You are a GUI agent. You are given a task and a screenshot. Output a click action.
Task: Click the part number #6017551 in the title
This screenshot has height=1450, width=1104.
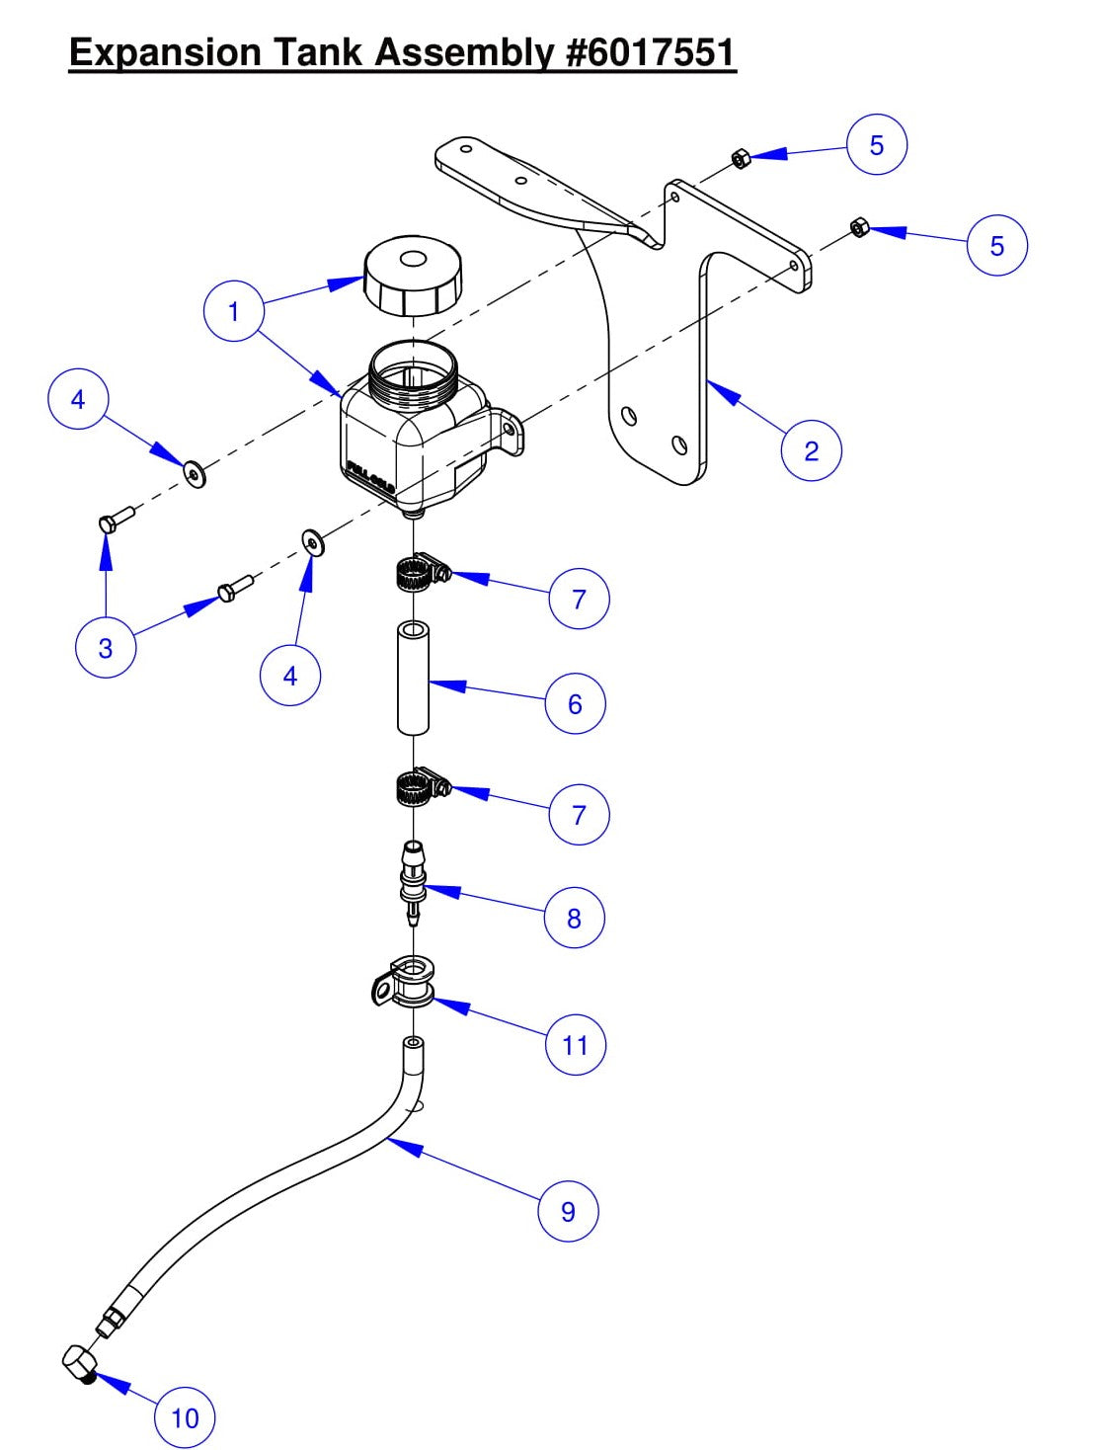point(651,52)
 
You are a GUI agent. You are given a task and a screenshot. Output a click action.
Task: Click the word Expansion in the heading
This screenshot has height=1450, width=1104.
point(165,52)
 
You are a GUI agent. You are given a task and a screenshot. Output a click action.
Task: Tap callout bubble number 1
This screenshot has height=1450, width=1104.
point(234,312)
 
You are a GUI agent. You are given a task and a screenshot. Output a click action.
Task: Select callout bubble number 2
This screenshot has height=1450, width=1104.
point(811,451)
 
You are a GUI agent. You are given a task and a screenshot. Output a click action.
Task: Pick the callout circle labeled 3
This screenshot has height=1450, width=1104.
point(106,649)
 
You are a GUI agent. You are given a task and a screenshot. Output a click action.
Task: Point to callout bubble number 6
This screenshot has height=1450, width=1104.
point(575,704)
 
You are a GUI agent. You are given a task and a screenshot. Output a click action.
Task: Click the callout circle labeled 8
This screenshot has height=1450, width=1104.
point(574,919)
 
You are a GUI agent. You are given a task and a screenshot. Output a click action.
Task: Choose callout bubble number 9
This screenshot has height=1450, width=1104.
point(568,1212)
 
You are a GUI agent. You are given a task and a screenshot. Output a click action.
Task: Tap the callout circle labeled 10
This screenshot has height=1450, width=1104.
point(185,1419)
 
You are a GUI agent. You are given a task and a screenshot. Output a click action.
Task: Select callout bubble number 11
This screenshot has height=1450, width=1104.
point(575,1046)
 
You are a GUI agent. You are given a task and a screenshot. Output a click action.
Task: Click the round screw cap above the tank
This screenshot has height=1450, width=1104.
point(413,277)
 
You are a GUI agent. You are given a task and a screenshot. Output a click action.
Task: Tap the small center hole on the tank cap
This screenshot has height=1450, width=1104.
point(414,260)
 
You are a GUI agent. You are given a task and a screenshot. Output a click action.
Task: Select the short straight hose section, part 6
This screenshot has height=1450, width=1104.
point(414,678)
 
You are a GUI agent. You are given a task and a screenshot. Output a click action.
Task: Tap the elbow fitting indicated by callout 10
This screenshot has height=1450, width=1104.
point(77,1364)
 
